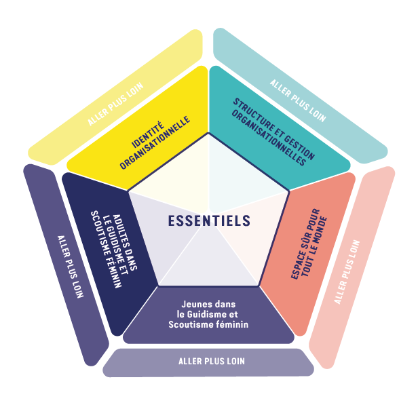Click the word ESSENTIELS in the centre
coord(209,221)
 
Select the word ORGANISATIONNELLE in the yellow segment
coord(155,142)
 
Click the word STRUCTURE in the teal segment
coord(255,117)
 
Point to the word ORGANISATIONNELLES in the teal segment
coord(269,138)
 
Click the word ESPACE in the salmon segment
coord(298,265)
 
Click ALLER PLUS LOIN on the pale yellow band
coord(115,104)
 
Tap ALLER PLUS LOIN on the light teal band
coord(298,100)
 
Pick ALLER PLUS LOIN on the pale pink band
coord(347,272)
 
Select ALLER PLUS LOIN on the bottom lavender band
coord(212,362)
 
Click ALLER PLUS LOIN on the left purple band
coord(71,267)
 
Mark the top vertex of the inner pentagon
coord(208,133)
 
